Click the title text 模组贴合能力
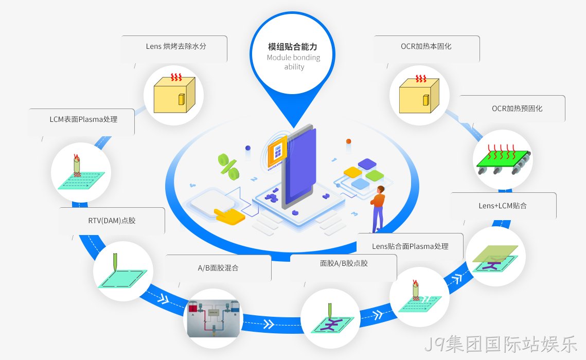(293, 47)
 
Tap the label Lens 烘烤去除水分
(176, 46)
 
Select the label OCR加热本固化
(426, 46)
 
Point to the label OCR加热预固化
(517, 109)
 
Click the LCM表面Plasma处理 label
(83, 119)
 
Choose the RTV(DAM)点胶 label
(112, 221)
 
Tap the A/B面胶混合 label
(218, 268)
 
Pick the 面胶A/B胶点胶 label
(344, 263)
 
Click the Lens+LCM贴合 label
(503, 206)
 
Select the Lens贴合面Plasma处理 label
(411, 246)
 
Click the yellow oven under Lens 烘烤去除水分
(174, 95)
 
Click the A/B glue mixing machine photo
(214, 318)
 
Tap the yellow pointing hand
(229, 216)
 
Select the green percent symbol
(228, 167)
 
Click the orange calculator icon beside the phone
(277, 151)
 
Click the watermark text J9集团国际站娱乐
(501, 344)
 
